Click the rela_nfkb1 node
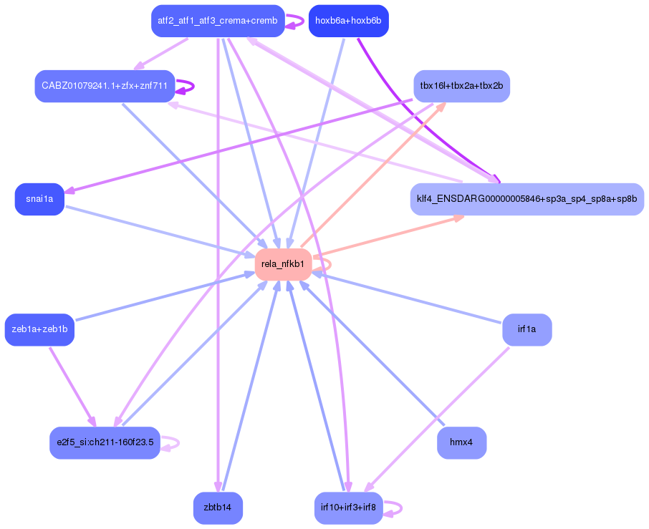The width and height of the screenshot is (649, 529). [283, 264]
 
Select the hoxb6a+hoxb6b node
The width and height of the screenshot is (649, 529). [348, 21]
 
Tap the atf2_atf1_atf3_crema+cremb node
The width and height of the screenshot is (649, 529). [218, 21]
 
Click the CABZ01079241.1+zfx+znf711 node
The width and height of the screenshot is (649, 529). [105, 86]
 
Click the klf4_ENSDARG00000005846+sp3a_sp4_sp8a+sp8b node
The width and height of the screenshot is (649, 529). [527, 199]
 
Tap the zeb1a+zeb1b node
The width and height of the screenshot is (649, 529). [39, 329]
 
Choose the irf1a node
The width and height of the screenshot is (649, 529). [527, 329]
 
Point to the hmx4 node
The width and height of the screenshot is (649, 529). [461, 442]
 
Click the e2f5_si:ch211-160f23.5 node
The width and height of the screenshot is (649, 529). [105, 442]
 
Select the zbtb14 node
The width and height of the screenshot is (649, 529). [218, 508]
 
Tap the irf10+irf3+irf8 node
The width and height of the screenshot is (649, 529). [348, 508]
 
